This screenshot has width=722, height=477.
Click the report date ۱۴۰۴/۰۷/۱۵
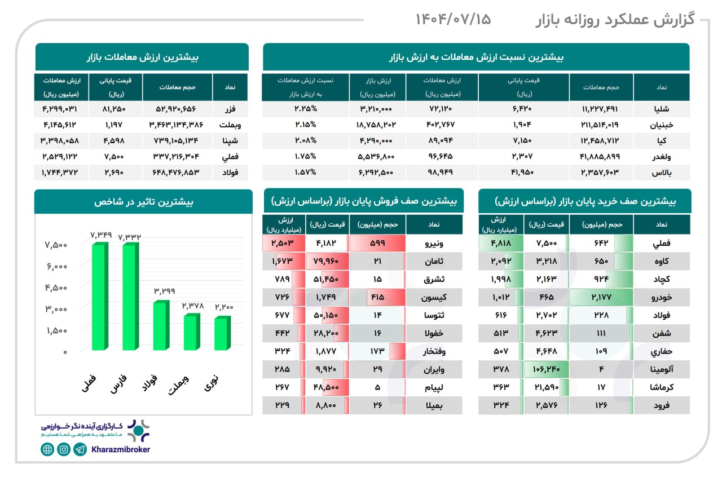pos(454,20)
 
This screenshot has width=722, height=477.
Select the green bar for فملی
pos(100,297)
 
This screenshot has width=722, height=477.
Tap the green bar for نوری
pos(222,334)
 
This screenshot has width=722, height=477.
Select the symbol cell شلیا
pos(661,107)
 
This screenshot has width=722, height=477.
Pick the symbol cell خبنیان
pos(661,123)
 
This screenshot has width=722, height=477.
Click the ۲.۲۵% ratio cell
pos(305,107)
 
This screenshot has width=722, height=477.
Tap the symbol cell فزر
pos(230,107)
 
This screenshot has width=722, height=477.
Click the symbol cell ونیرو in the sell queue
pos(434,244)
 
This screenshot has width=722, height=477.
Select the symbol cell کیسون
pos(434,297)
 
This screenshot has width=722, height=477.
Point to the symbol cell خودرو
pos(662,297)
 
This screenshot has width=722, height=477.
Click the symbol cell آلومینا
pos(662,369)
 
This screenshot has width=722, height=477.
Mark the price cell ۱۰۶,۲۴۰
pos(546,369)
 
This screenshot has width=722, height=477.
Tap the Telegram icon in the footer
pos(80,449)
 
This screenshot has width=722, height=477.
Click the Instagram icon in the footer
pos(64,449)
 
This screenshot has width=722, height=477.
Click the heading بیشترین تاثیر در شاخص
pos(143,201)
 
